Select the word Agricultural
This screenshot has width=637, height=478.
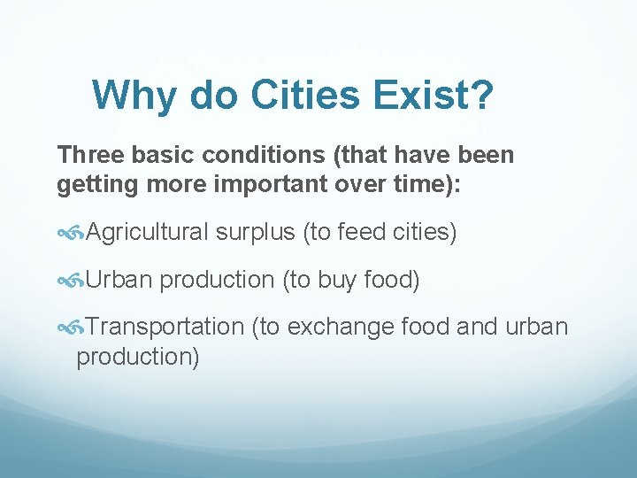tap(148, 233)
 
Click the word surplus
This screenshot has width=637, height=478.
tap(256, 233)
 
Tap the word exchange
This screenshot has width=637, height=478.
tap(342, 327)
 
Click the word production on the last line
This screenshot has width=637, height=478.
tap(137, 358)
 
